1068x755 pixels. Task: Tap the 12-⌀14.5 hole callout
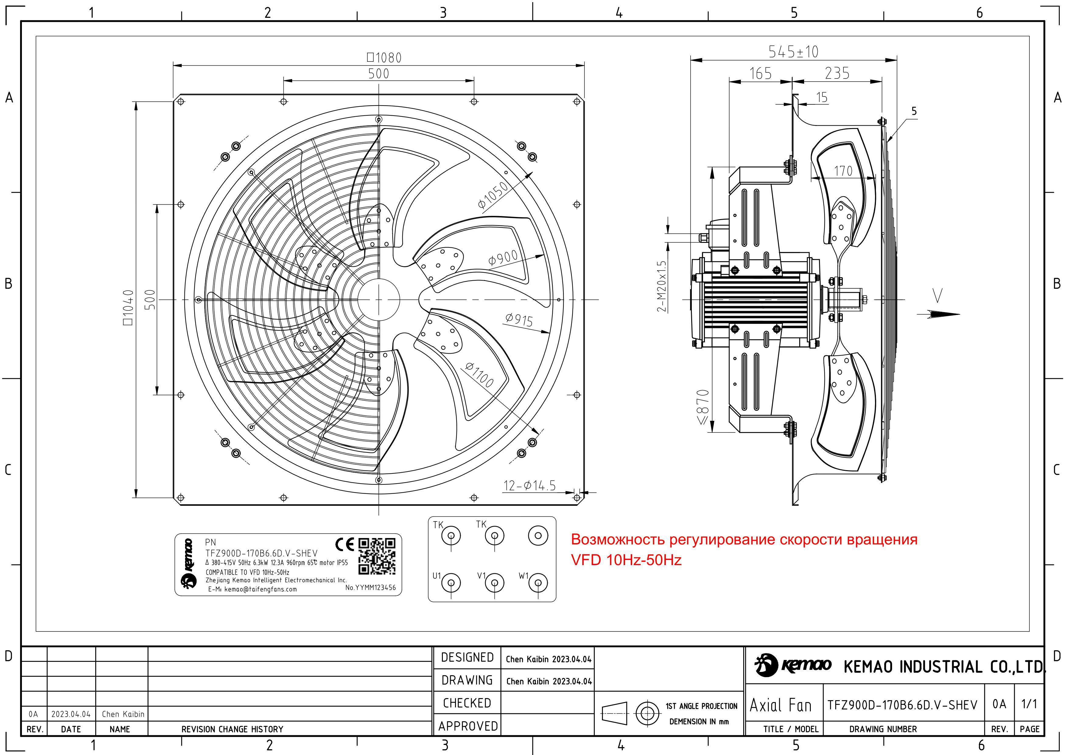(x=529, y=486)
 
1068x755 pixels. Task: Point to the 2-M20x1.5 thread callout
(x=661, y=286)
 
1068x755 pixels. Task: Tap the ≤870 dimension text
(x=703, y=407)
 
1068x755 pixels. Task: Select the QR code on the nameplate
(x=377, y=556)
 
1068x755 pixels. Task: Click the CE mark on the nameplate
(x=345, y=544)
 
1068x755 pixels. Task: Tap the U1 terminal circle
(x=451, y=582)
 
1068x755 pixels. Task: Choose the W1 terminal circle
(x=538, y=582)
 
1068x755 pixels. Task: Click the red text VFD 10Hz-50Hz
(x=626, y=560)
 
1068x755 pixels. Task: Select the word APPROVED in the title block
(x=467, y=726)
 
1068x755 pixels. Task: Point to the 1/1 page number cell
(x=1029, y=704)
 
